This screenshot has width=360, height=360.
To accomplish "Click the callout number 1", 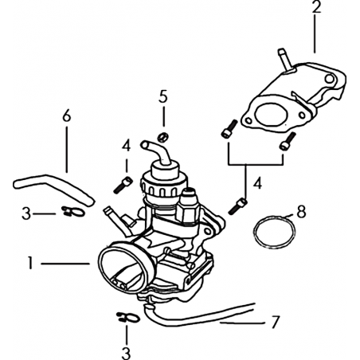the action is coord(31,263).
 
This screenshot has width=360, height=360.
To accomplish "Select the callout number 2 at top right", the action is coord(315,7).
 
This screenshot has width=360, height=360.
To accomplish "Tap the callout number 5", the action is coord(163,96).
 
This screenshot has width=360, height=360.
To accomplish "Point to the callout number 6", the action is coord(67,115).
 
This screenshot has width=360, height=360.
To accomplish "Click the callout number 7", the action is coord(275,322).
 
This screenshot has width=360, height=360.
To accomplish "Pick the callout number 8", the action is coord(301,212).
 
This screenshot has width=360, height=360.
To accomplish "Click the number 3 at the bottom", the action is coord(126,353).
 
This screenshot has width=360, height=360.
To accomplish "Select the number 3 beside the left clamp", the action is coord(26,213).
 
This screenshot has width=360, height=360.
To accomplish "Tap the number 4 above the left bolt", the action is coord(127,146).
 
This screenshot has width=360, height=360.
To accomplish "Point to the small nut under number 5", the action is coord(162,137).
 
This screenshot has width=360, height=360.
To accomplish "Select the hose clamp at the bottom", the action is coord(128,317).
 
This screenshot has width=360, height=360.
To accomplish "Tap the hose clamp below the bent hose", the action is coord(73,212).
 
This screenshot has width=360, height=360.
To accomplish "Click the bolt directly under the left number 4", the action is coord(123,185).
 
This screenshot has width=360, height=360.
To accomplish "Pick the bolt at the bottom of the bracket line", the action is coord(237,206).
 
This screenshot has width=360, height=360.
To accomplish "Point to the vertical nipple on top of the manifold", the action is coord(285,60).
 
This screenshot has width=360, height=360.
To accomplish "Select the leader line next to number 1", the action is coord(65,264).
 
